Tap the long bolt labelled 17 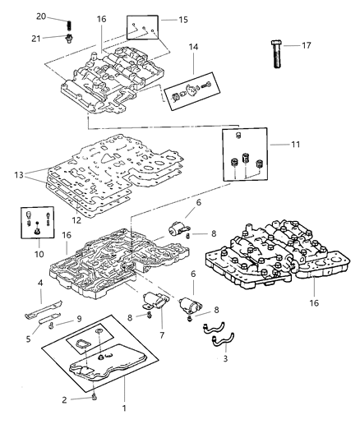(277, 57)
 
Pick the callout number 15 (182, 18)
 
